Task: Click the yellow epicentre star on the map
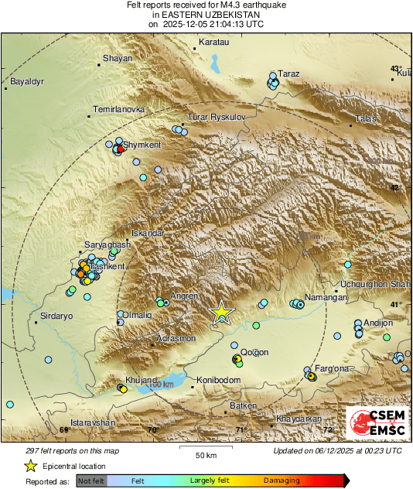(222, 312)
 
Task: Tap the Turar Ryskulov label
(216, 117)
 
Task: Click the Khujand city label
(142, 381)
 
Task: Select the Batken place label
(243, 405)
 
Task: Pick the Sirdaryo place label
(56, 316)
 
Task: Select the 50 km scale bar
(205, 449)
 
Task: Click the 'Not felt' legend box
(91, 480)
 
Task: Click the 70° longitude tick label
(152, 429)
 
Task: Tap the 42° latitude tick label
(396, 187)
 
